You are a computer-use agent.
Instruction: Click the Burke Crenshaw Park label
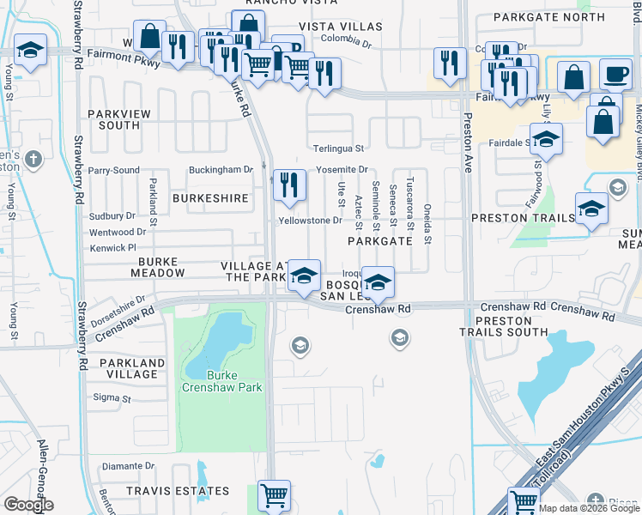click(221, 381)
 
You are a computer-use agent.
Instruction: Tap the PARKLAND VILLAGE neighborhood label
click(128, 368)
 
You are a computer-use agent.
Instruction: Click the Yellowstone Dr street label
click(310, 221)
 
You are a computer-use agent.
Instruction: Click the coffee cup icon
click(615, 74)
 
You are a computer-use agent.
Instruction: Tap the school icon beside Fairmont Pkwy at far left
click(29, 52)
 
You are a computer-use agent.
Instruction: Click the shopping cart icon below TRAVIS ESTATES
click(274, 495)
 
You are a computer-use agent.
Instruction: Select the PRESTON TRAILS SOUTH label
click(502, 325)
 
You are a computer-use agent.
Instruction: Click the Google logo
click(28, 505)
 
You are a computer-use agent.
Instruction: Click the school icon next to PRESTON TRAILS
click(591, 209)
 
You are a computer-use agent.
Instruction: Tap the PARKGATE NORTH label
click(555, 17)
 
